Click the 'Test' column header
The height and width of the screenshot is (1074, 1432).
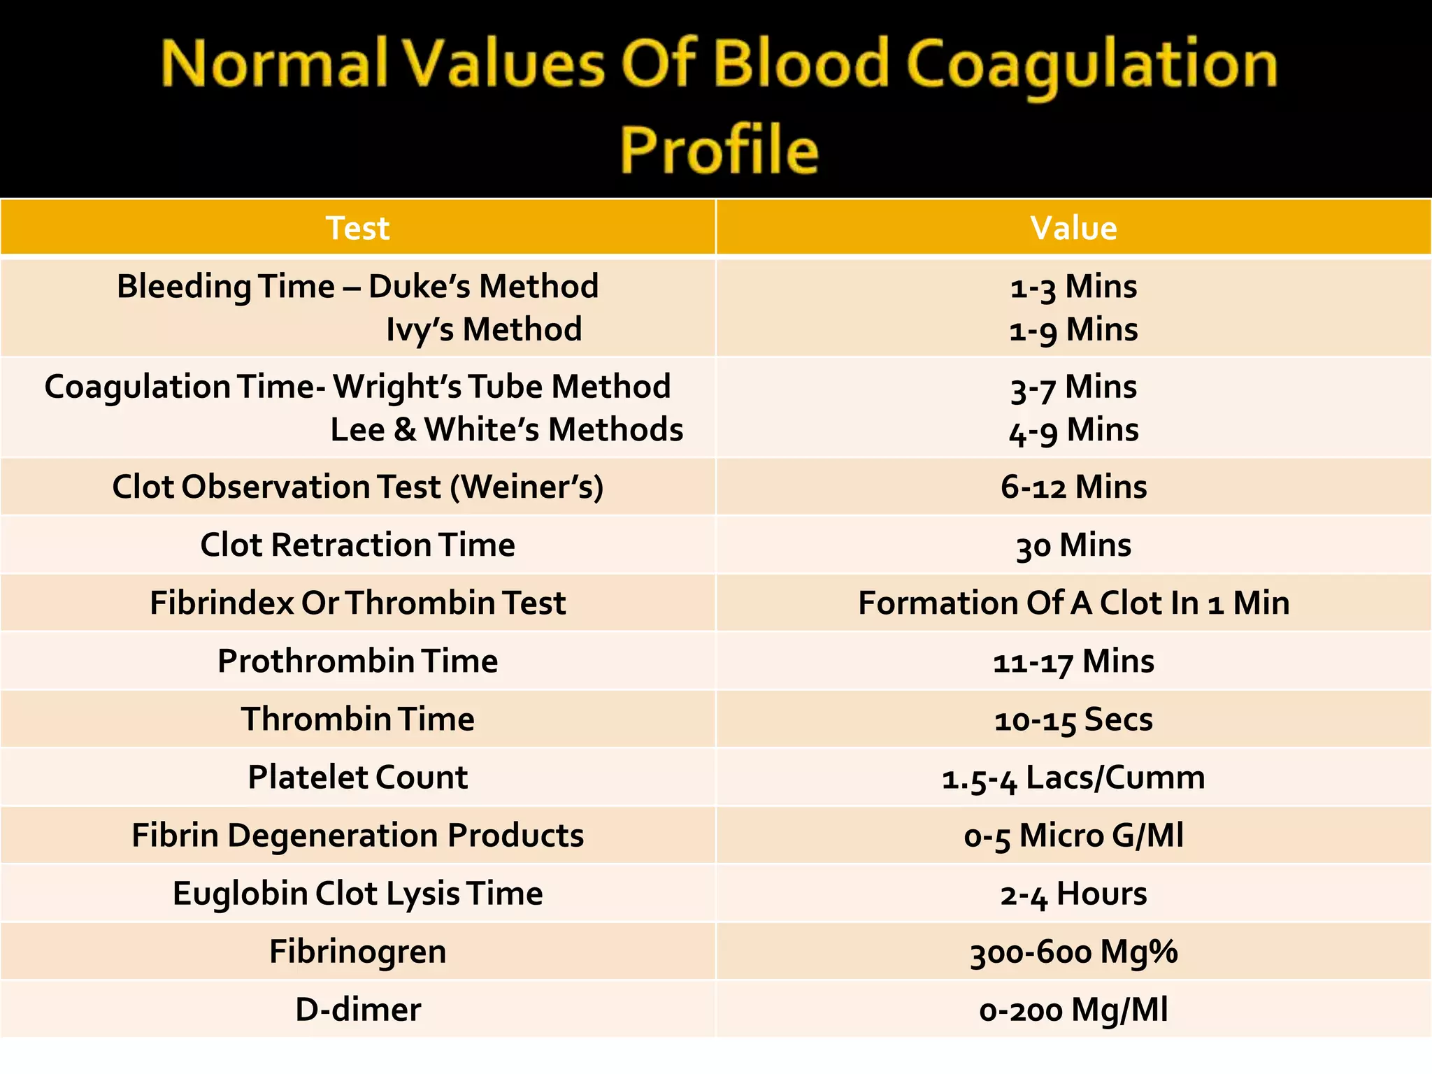tap(357, 228)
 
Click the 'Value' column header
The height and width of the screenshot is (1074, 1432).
tap(1073, 228)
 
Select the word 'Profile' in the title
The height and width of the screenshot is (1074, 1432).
tap(719, 150)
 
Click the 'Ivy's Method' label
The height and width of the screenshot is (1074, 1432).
tap(484, 329)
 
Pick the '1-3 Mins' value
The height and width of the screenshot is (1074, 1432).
tap(1073, 287)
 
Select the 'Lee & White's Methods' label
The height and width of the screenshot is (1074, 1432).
tap(506, 429)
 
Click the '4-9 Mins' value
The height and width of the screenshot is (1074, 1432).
tap(1073, 429)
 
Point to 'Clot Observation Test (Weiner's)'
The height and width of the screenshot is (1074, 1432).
tap(357, 487)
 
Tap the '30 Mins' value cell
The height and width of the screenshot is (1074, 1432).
tap(1073, 545)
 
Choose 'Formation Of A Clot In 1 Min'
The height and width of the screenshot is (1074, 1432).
tap(1073, 603)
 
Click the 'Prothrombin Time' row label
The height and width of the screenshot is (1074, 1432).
tap(357, 661)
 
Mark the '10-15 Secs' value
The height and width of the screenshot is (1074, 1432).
tap(1073, 719)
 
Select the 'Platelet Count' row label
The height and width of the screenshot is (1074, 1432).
tap(357, 777)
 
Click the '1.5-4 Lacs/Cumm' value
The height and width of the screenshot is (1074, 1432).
tap(1073, 778)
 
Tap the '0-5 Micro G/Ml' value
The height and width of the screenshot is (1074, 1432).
tap(1073, 836)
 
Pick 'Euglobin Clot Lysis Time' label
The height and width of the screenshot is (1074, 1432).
tap(357, 894)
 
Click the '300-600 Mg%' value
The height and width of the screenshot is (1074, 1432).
tap(1073, 952)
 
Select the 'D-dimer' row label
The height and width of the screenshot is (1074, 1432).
tap(357, 1010)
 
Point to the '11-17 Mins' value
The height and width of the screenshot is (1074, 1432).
tap(1073, 661)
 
